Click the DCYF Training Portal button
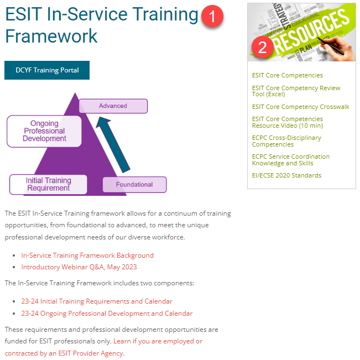[x=47, y=70]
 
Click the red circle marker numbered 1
[x=212, y=17]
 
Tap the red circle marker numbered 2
[x=262, y=47]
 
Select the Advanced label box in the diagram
[x=113, y=106]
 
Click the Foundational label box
[x=134, y=184]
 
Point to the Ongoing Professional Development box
[x=44, y=131]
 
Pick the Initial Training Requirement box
[x=48, y=184]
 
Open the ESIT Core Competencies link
[x=287, y=75]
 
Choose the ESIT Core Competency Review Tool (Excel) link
[x=296, y=91]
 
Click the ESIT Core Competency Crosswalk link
[x=300, y=107]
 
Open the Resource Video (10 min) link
[x=287, y=122]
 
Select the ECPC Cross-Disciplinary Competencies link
[x=286, y=141]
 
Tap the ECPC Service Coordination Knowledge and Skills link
[x=290, y=160]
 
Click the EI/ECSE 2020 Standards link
[x=286, y=175]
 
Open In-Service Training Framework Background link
[x=87, y=255]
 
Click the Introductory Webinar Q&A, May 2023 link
[x=79, y=267]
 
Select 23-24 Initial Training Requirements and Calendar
[x=97, y=301]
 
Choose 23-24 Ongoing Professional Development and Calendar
[x=107, y=314]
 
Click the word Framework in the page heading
[x=51, y=36]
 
